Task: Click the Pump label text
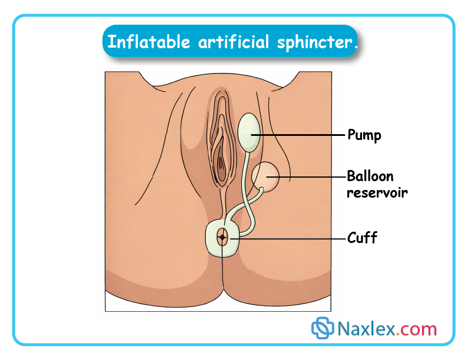pyautogui.click(x=364, y=135)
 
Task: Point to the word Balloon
pyautogui.click(x=370, y=176)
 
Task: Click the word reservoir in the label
pyautogui.click(x=377, y=192)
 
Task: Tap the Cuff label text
pyautogui.click(x=362, y=238)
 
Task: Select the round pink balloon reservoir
pyautogui.click(x=267, y=175)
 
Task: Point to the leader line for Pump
pyautogui.click(x=300, y=135)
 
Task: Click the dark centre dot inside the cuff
pyautogui.click(x=223, y=238)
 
